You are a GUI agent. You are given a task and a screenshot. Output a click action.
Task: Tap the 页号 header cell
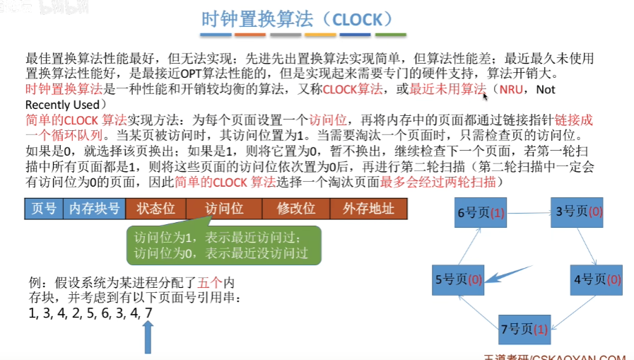tap(44, 209)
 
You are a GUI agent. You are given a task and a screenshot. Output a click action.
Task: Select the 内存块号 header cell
tap(94, 209)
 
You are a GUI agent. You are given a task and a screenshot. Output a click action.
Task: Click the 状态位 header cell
tap(155, 209)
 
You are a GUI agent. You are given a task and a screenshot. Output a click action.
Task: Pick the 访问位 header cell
tap(224, 209)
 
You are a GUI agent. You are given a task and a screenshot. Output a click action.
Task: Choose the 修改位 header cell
tap(297, 209)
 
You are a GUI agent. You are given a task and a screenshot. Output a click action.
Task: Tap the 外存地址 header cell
tap(369, 209)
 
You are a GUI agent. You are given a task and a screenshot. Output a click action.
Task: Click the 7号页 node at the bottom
tap(524, 329)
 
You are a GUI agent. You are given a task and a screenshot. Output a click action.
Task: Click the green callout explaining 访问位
tap(223, 244)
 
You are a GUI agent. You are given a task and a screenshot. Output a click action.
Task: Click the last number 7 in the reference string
tap(148, 313)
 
